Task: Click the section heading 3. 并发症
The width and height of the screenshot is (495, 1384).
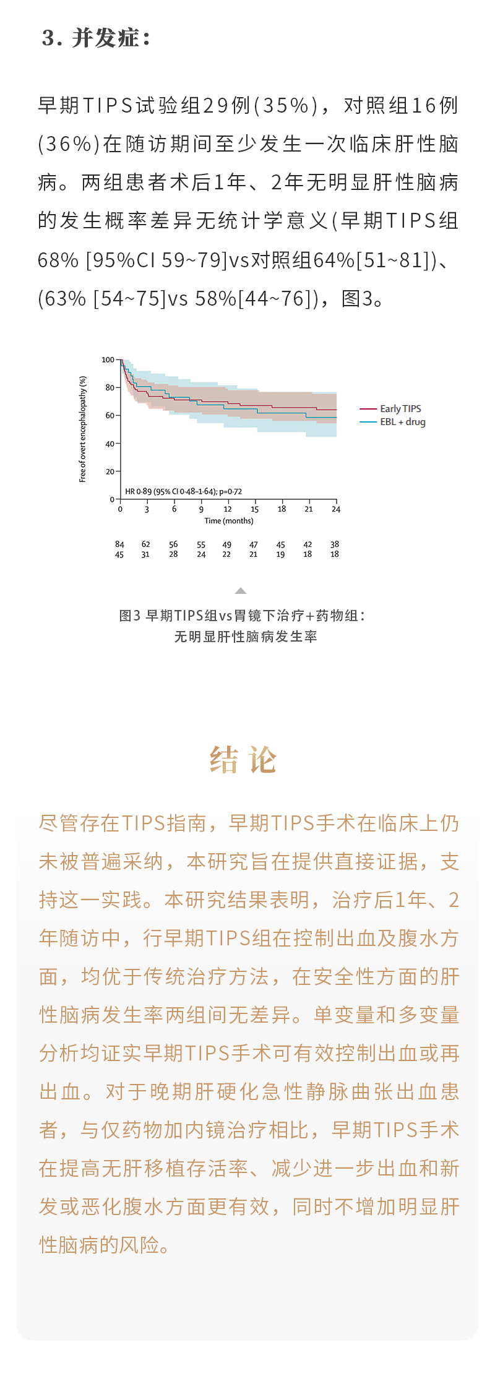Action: [96, 38]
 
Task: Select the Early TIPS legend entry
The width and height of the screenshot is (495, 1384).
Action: [400, 409]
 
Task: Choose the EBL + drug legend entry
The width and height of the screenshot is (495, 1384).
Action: [402, 422]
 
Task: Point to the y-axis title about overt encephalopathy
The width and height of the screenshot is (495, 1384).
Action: [83, 429]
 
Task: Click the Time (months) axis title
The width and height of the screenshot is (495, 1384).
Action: [229, 521]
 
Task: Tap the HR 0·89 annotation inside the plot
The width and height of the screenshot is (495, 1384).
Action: [183, 492]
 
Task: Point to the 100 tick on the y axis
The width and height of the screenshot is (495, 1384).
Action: [108, 359]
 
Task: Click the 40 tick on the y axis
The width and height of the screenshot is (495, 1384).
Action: [110, 444]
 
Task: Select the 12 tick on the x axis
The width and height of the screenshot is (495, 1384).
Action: [228, 509]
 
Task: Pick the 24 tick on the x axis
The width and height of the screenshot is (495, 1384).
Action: [336, 509]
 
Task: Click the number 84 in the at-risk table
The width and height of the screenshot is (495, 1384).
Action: [119, 544]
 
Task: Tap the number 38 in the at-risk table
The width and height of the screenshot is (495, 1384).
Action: [335, 544]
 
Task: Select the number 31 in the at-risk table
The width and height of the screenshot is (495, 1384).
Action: [145, 555]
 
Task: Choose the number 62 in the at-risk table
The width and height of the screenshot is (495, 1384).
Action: [146, 544]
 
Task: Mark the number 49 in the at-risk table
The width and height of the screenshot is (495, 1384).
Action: [227, 544]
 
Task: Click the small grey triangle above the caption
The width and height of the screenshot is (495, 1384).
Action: [241, 591]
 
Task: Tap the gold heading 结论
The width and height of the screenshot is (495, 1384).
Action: [243, 760]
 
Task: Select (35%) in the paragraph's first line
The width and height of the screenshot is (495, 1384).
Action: [285, 106]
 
